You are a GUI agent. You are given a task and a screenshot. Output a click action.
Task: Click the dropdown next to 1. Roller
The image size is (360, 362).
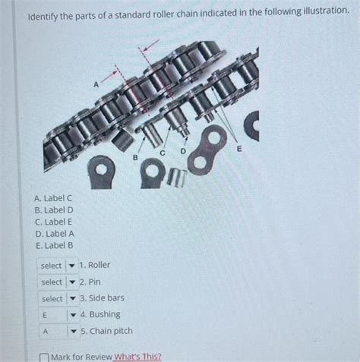pos(57,266)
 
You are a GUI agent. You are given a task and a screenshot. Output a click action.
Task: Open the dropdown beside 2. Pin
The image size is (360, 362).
pos(57,282)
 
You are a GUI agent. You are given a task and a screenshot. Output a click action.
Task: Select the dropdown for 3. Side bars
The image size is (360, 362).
pos(57,299)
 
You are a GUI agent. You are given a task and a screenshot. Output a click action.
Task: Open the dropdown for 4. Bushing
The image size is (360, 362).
pos(57,315)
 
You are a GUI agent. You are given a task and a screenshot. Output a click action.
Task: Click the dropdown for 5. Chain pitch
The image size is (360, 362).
pos(57,332)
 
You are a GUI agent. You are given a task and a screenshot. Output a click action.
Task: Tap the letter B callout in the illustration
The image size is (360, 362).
pos(135,157)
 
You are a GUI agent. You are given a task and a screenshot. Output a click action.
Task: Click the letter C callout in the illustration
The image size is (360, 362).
pos(162,153)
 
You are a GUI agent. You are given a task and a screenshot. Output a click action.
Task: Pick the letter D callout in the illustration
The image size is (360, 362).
pos(182,153)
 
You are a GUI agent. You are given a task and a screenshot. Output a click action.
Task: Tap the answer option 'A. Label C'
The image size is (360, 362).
pos(52,198)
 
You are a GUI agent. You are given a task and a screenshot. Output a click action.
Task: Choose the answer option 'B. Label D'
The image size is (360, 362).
pos(52,210)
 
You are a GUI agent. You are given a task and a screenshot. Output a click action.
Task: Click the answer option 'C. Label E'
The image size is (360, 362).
pos(52,222)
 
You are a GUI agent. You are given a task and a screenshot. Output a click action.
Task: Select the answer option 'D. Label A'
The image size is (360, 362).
pos(52,234)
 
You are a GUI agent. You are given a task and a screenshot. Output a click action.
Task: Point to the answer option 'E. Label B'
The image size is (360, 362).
pos(52,245)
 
